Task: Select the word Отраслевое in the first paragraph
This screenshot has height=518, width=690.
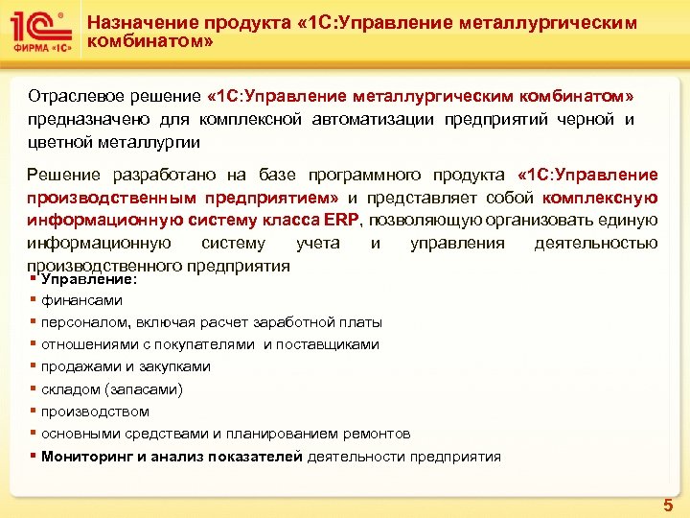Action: coord(67,98)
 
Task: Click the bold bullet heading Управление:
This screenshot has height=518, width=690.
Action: coord(89,278)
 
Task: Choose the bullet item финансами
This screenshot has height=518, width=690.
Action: coord(81,300)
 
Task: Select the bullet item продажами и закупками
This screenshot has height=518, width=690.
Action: coord(126,366)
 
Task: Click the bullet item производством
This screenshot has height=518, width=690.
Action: coord(95,412)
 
